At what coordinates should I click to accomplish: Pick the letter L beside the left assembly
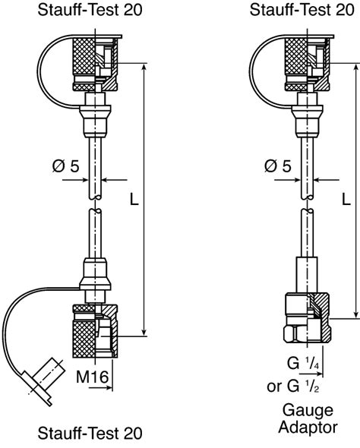(x=134, y=200)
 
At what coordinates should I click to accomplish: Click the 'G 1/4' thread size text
(x=302, y=363)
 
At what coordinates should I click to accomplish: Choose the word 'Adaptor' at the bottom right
(x=302, y=427)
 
